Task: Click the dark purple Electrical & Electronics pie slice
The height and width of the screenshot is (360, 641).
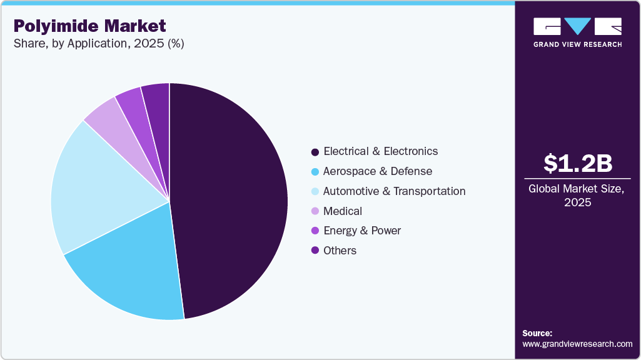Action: tap(231, 200)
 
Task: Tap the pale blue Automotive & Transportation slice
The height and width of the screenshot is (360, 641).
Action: tap(94, 187)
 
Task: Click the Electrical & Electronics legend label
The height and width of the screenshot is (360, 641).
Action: tap(380, 151)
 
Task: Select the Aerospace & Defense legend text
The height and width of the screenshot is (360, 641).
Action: tap(377, 171)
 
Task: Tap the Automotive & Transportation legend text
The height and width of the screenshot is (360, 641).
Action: tap(394, 191)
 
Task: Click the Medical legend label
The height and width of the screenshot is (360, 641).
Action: tap(342, 211)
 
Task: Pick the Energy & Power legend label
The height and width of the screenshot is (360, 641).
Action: tap(361, 231)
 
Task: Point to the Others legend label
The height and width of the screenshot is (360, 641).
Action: tap(340, 251)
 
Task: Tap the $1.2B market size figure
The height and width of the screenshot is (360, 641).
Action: tap(577, 164)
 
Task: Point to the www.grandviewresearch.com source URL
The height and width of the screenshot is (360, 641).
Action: tap(577, 344)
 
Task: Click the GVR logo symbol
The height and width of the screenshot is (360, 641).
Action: tap(577, 26)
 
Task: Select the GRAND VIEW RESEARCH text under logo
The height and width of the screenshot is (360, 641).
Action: tap(577, 44)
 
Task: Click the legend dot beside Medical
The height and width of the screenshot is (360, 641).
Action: tap(315, 211)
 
